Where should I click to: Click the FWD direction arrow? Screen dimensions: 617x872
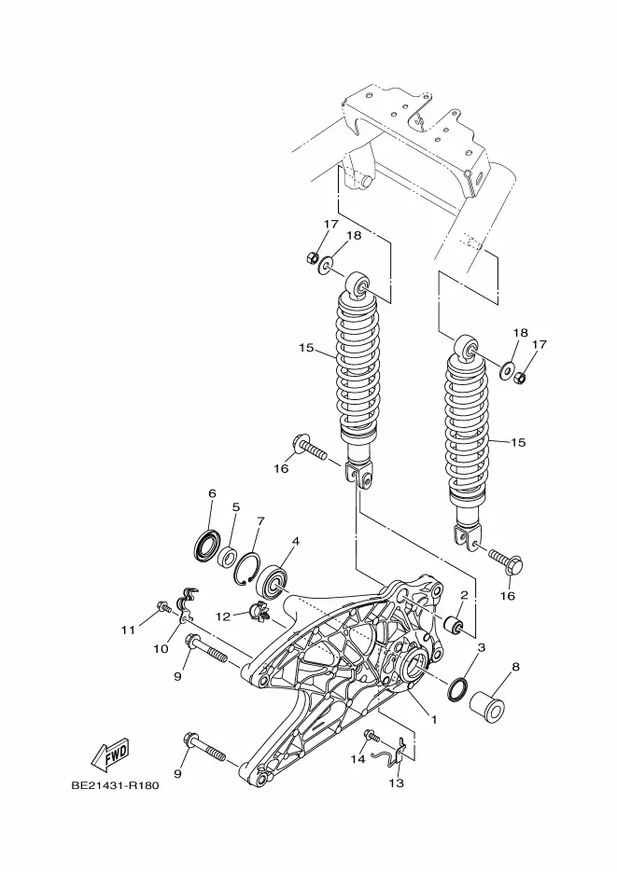pos(111,754)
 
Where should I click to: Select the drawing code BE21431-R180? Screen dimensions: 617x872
pos(115,786)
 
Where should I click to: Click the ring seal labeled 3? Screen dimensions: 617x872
pos(457,688)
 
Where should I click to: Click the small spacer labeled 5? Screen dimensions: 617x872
pos(227,557)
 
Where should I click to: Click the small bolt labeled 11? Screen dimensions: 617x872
pos(163,607)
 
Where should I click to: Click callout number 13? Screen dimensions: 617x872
pos(396,783)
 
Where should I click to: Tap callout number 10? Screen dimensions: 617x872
pos(161,648)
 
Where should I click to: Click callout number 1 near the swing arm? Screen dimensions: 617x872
pos(434,719)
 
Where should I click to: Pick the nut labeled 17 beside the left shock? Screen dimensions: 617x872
pos(313,257)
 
